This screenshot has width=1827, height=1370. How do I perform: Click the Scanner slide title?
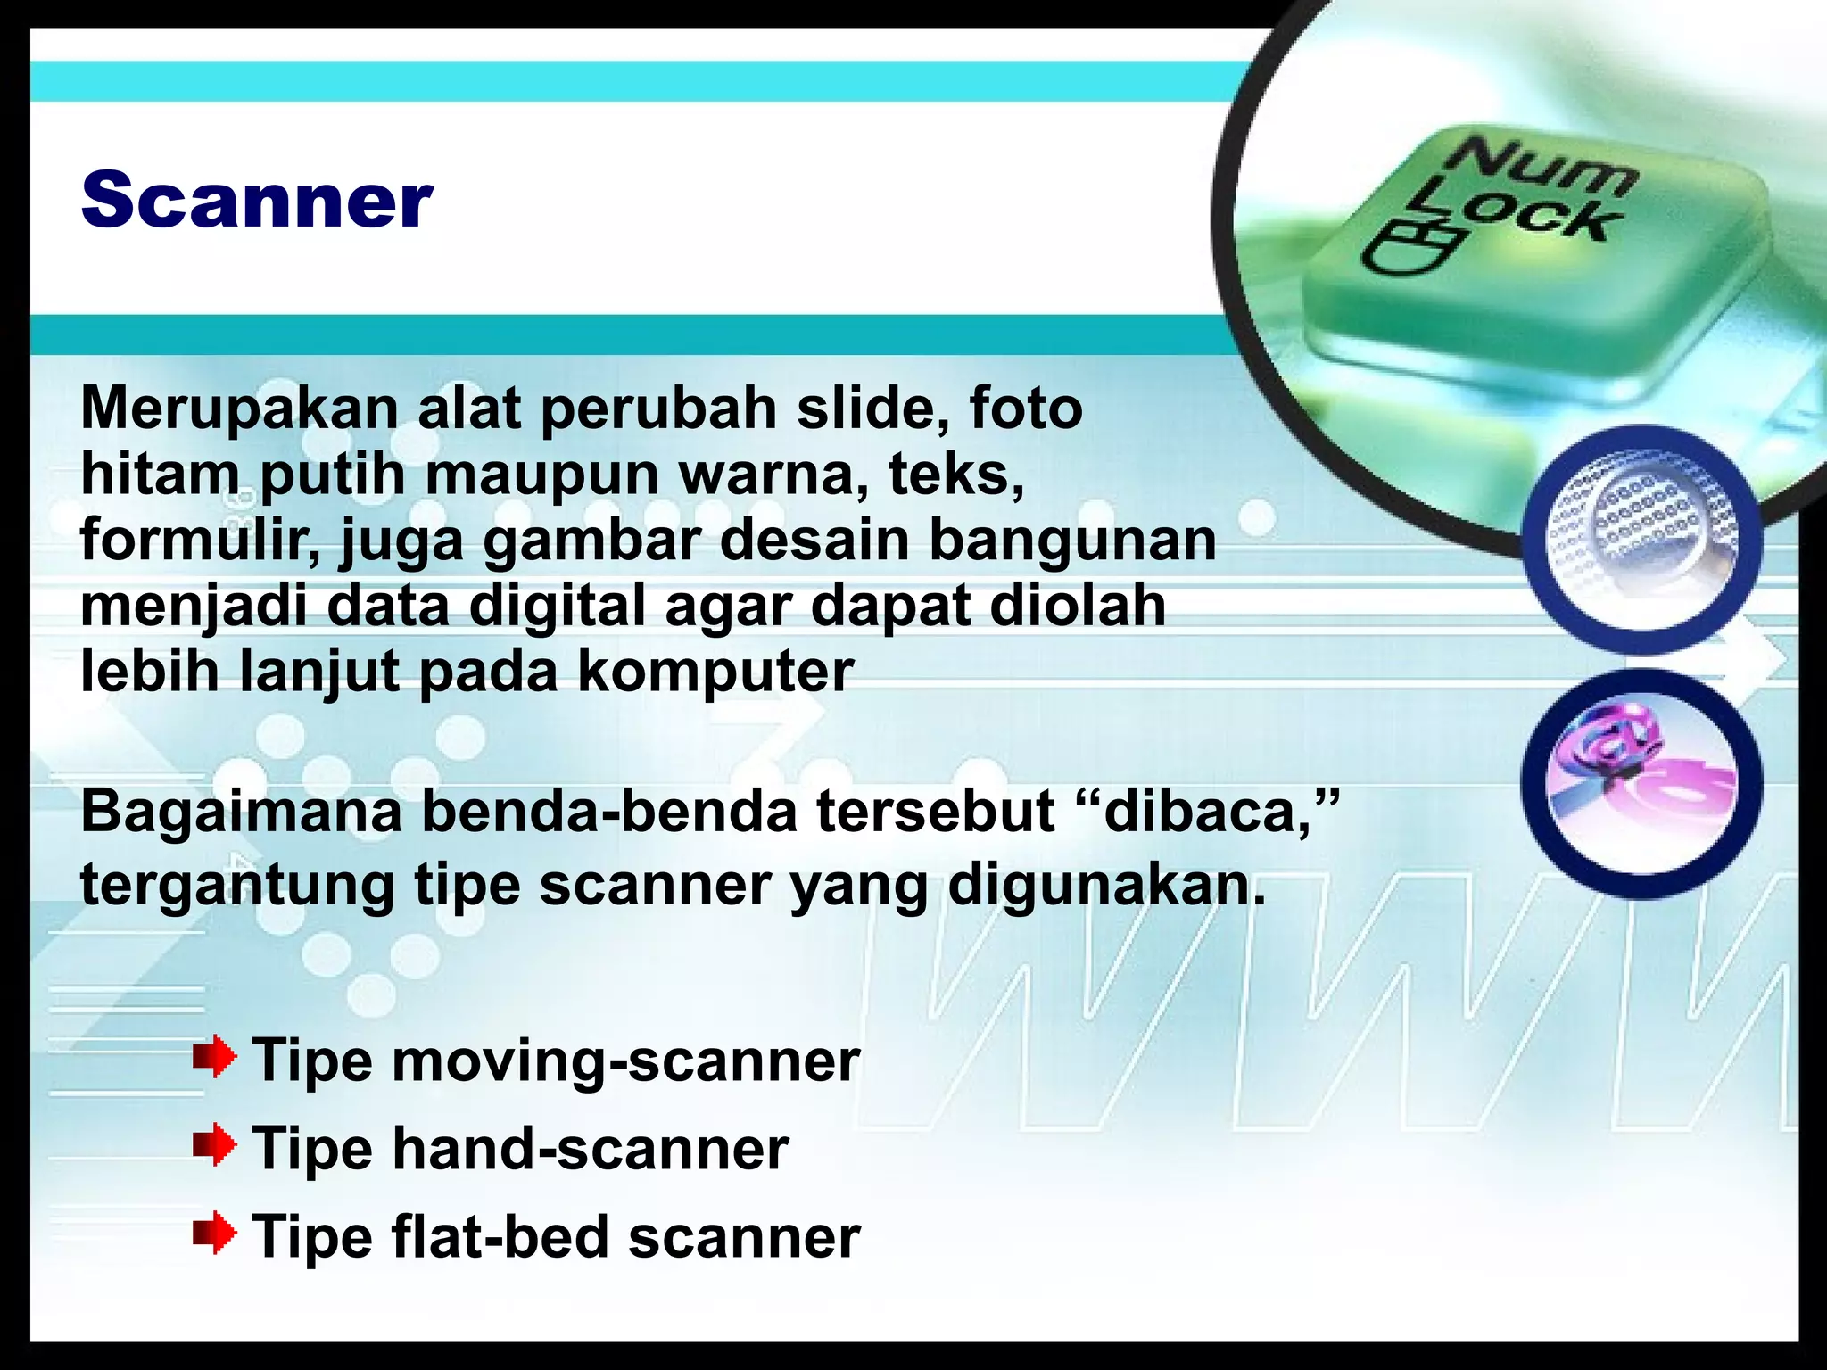pyautogui.click(x=257, y=200)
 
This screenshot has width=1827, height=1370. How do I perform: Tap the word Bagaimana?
pyautogui.click(x=241, y=813)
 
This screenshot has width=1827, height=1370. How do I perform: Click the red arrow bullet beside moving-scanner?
pyautogui.click(x=215, y=1058)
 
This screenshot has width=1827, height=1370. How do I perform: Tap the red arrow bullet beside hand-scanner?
pyautogui.click(x=215, y=1145)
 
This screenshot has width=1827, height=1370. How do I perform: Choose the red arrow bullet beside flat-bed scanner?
pyautogui.click(x=215, y=1234)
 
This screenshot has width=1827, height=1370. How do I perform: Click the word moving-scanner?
pyautogui.click(x=624, y=1061)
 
